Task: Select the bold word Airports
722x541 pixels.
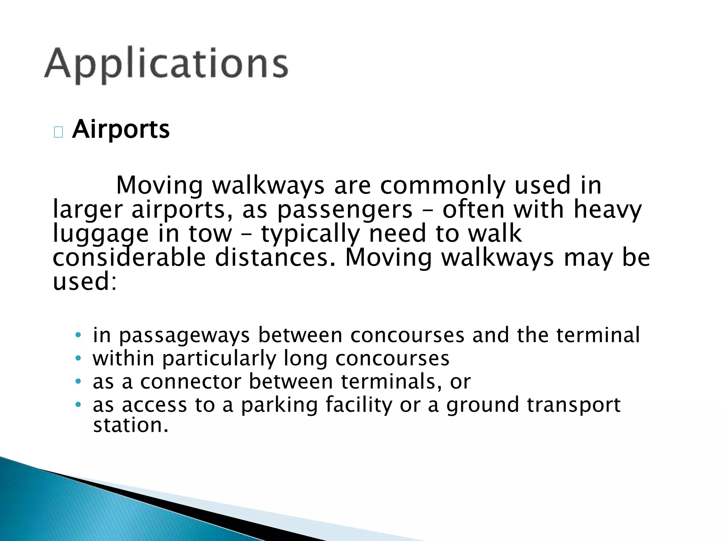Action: [x=121, y=129]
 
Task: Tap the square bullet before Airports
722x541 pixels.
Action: [x=58, y=132]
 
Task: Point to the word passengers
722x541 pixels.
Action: [x=345, y=210]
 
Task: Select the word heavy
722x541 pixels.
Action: [x=607, y=210]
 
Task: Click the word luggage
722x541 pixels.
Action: [x=100, y=234]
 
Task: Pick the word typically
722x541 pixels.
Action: [x=310, y=234]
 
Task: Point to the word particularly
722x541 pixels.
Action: [x=219, y=359]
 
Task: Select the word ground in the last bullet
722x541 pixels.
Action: [x=483, y=405]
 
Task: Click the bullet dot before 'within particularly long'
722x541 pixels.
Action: [x=78, y=359]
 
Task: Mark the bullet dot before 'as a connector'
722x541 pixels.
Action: [x=78, y=382]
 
